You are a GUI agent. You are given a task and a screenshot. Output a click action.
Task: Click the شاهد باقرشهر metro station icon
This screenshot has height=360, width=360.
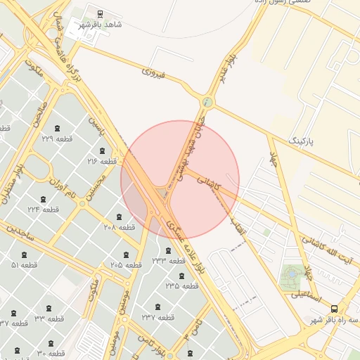(100, 13)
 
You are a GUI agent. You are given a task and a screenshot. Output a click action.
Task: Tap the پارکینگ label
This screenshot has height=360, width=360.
(303, 141)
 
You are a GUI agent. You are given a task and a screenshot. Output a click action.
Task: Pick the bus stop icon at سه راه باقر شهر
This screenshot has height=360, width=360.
(334, 308)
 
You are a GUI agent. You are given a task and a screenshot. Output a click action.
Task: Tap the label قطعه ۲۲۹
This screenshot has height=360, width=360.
(57, 139)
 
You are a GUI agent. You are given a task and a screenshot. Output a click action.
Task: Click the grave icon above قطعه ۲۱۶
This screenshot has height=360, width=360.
(103, 150)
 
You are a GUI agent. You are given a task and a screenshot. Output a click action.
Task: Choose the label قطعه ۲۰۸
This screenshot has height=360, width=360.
(119, 227)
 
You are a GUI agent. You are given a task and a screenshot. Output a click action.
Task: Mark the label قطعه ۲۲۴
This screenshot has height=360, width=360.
(43, 209)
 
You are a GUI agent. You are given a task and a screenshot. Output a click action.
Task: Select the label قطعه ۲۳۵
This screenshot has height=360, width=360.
(181, 285)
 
